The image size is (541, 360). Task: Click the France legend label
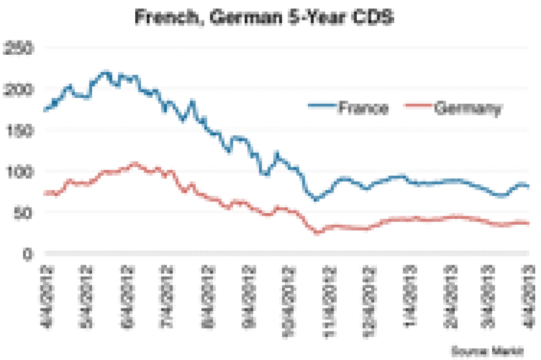pyautogui.click(x=363, y=108)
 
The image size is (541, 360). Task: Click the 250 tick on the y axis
pyautogui.click(x=19, y=48)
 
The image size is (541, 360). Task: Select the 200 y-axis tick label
pyautogui.click(x=19, y=89)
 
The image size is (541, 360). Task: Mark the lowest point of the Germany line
pyautogui.click(x=317, y=232)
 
